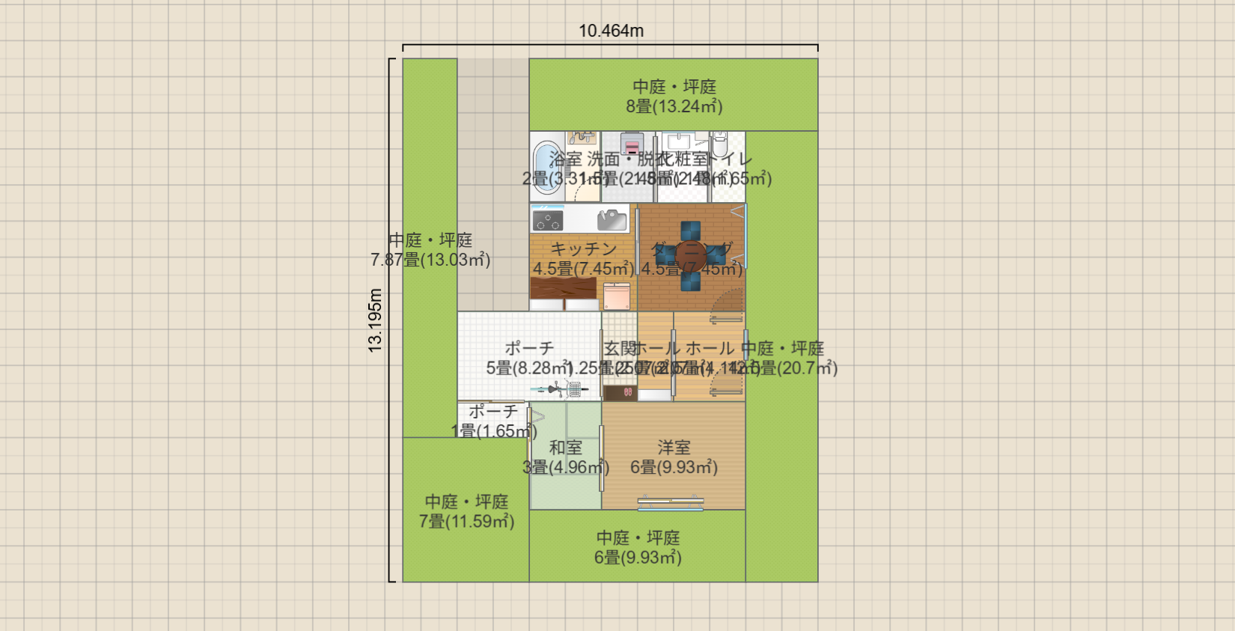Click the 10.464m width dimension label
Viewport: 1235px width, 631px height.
[611, 31]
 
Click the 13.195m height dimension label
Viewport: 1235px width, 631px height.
[375, 320]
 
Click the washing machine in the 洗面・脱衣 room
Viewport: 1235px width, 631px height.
[632, 143]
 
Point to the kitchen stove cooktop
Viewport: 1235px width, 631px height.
[547, 220]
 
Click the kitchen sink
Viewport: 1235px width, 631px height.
[612, 219]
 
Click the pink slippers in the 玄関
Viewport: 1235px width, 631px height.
[627, 392]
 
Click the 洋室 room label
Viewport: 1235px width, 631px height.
[674, 448]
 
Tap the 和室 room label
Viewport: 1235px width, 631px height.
[565, 448]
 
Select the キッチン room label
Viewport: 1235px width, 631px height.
[583, 249]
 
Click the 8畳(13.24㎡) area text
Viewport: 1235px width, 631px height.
[674, 106]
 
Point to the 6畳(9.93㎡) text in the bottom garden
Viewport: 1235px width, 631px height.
[638, 558]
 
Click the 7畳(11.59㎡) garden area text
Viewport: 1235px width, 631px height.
[466, 522]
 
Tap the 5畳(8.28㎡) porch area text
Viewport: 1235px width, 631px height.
[528, 368]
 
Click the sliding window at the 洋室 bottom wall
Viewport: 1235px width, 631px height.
[671, 504]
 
